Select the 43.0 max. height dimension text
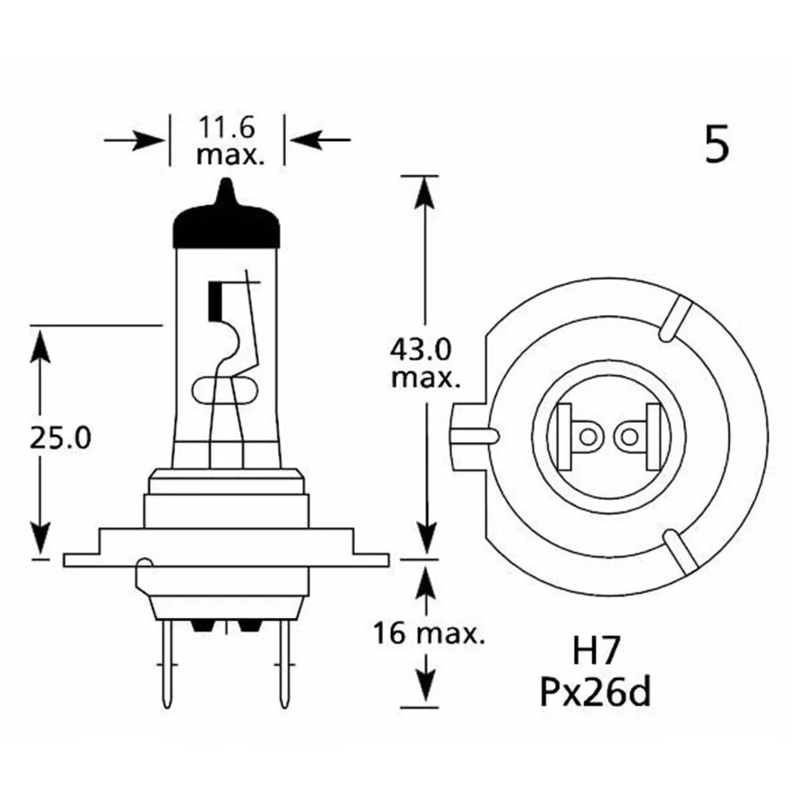point(424,364)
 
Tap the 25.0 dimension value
point(59,437)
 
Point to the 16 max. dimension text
point(427,634)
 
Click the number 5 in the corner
point(717,145)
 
